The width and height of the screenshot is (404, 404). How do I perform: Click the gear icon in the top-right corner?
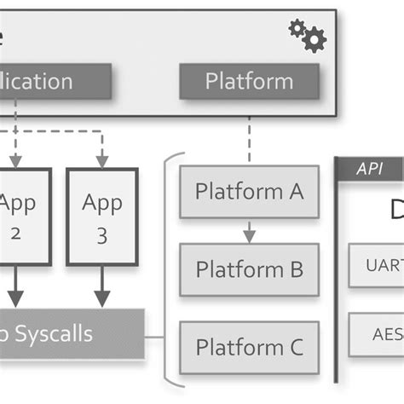[x=308, y=35]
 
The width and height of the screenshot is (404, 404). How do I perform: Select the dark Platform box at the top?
[x=249, y=82]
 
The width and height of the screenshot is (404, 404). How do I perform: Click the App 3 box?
[x=101, y=217]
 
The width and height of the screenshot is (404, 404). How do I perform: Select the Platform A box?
[x=249, y=192]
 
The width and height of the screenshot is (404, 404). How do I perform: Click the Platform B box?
[x=249, y=269]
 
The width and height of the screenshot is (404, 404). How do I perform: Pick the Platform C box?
[x=249, y=347]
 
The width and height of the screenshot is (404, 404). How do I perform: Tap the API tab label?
[x=369, y=169]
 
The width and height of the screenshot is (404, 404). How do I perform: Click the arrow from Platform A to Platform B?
[x=249, y=230]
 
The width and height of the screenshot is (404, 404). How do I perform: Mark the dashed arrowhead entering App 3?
[x=101, y=161]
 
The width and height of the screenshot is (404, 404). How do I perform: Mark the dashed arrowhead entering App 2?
[x=15, y=161]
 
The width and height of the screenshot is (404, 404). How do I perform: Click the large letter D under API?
[x=395, y=209]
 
